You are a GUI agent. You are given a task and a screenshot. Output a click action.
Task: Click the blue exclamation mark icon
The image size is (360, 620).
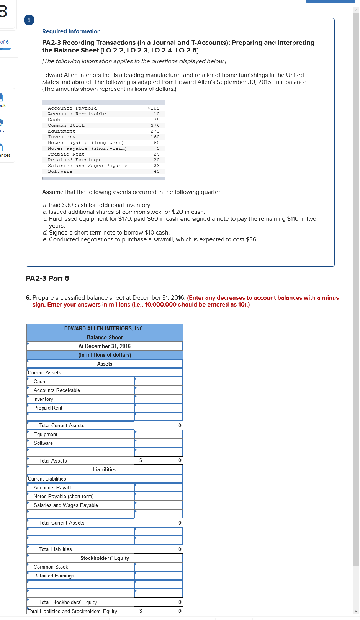pos(29,20)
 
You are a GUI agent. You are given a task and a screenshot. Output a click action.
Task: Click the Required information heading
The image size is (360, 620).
pos(71,31)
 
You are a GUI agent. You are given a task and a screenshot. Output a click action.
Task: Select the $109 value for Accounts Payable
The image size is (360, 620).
pos(154,108)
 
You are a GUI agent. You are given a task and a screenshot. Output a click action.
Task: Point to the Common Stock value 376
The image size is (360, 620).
pos(155,126)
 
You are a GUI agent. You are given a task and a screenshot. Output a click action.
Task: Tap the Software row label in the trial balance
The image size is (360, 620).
pos(60,172)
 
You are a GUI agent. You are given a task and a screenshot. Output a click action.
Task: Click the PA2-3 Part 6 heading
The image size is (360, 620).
pos(47,279)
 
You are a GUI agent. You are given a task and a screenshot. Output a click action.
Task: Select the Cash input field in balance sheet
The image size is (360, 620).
pos(158,381)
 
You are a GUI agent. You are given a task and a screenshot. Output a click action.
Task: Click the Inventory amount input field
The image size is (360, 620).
pos(158,399)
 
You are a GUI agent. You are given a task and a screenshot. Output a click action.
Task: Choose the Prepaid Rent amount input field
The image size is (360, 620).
pos(158,408)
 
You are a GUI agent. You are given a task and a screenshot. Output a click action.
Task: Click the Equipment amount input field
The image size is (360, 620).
pos(158,434)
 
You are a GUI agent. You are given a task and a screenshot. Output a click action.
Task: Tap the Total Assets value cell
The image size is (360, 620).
pos(158,460)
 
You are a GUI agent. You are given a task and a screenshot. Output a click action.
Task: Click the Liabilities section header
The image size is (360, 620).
pos(105,469)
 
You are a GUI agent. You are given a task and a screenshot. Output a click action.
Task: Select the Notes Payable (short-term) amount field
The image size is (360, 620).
pos(158,496)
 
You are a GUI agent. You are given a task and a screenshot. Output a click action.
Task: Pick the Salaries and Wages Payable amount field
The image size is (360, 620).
pos(158,505)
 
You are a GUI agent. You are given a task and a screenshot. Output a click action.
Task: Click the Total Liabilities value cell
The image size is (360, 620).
pos(158,549)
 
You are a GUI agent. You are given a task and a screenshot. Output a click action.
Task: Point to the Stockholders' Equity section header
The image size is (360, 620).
pos(105,558)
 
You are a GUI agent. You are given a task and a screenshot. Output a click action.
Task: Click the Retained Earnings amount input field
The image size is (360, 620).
pos(158,576)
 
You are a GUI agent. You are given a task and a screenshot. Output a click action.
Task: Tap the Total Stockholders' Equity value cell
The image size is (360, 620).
pos(158,602)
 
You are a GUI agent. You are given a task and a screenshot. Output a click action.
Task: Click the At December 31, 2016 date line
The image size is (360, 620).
pos(105,346)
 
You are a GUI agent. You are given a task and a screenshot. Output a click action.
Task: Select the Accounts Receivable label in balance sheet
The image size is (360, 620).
pos(57,390)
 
